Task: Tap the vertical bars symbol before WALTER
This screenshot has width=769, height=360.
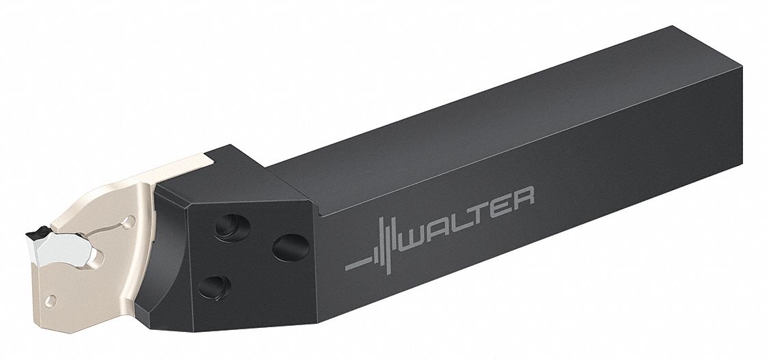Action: click(386, 245)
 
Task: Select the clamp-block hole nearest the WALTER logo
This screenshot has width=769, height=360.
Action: click(291, 247)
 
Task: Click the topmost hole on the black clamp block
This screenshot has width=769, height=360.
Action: click(232, 227)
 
